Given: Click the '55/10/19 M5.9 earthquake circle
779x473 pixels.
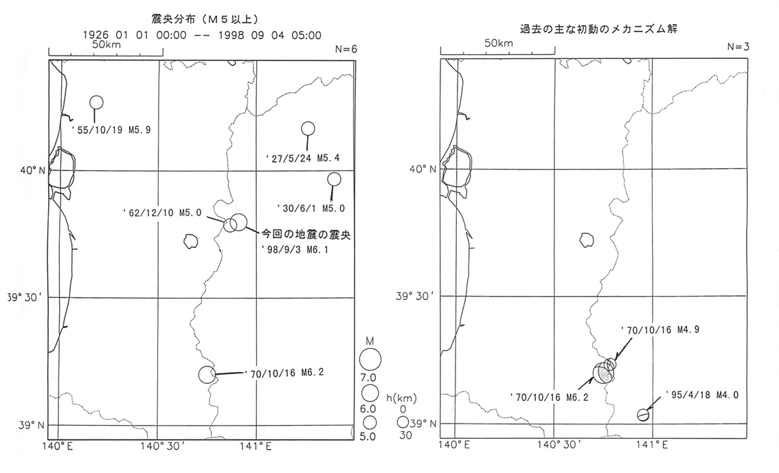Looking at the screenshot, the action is pos(96,102).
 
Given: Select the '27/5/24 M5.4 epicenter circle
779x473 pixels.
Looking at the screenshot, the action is pos(308,128).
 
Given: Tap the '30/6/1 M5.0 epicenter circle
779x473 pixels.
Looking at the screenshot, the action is pos(334,179).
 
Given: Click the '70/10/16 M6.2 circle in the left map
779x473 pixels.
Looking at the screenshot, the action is pos(207,375).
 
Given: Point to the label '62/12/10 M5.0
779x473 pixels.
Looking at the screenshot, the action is pos(162,213).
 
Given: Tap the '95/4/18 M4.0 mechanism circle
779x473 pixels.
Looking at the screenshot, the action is pos(644,415).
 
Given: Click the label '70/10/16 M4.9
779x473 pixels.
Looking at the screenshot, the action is pos(659,330).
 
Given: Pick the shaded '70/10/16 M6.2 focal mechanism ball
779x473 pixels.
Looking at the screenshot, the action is pos(604,372).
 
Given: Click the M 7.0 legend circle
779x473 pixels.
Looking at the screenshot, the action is pos(370,359).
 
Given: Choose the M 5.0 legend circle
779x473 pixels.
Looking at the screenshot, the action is pos(370,422).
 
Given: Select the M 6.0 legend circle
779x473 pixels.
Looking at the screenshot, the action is pos(370,393).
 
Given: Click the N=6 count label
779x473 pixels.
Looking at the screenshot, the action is pos(346,49).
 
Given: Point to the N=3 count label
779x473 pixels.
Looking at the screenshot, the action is pos(738,47).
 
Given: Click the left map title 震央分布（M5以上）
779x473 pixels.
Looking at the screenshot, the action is pos(204,19).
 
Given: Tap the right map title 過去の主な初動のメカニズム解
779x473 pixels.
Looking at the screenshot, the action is pos(598,29).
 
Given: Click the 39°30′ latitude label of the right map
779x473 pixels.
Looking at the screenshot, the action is pos(416,297).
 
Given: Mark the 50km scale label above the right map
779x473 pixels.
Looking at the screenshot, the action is pos(498,43).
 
